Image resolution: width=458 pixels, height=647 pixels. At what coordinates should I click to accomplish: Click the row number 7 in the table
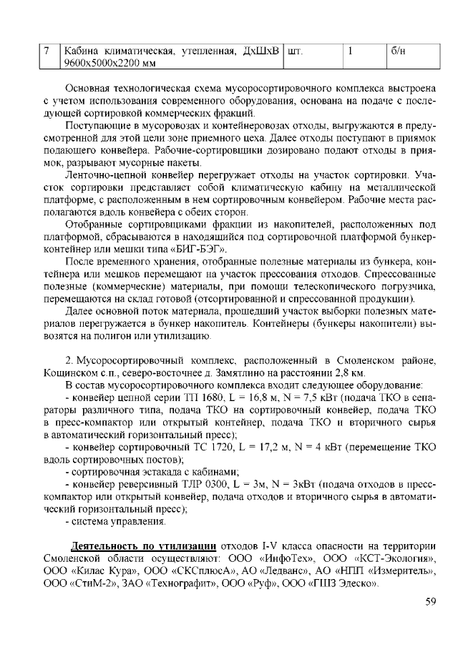point(47,51)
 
